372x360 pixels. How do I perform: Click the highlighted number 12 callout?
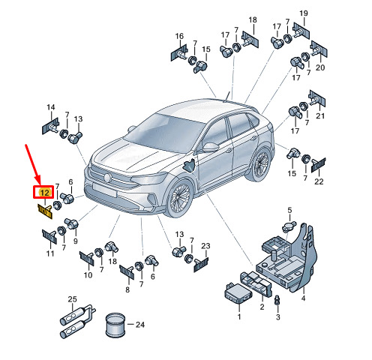[45, 193]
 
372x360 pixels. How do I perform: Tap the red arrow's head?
[37, 179]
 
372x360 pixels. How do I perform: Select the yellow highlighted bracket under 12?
[45, 211]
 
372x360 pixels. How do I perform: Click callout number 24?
[140, 325]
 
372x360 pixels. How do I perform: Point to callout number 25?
[73, 299]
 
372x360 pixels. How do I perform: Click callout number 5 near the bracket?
[289, 210]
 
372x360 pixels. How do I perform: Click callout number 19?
[304, 13]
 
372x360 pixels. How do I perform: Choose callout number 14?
[51, 107]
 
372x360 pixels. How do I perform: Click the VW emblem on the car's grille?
[107, 178]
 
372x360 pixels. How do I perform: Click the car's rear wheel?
[260, 163]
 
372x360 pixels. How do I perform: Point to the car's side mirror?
[210, 147]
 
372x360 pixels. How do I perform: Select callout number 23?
[205, 246]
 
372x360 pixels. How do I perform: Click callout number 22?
[319, 181]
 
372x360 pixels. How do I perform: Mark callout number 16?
[179, 36]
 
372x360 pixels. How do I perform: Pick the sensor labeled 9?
[71, 223]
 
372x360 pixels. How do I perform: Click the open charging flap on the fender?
[189, 165]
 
